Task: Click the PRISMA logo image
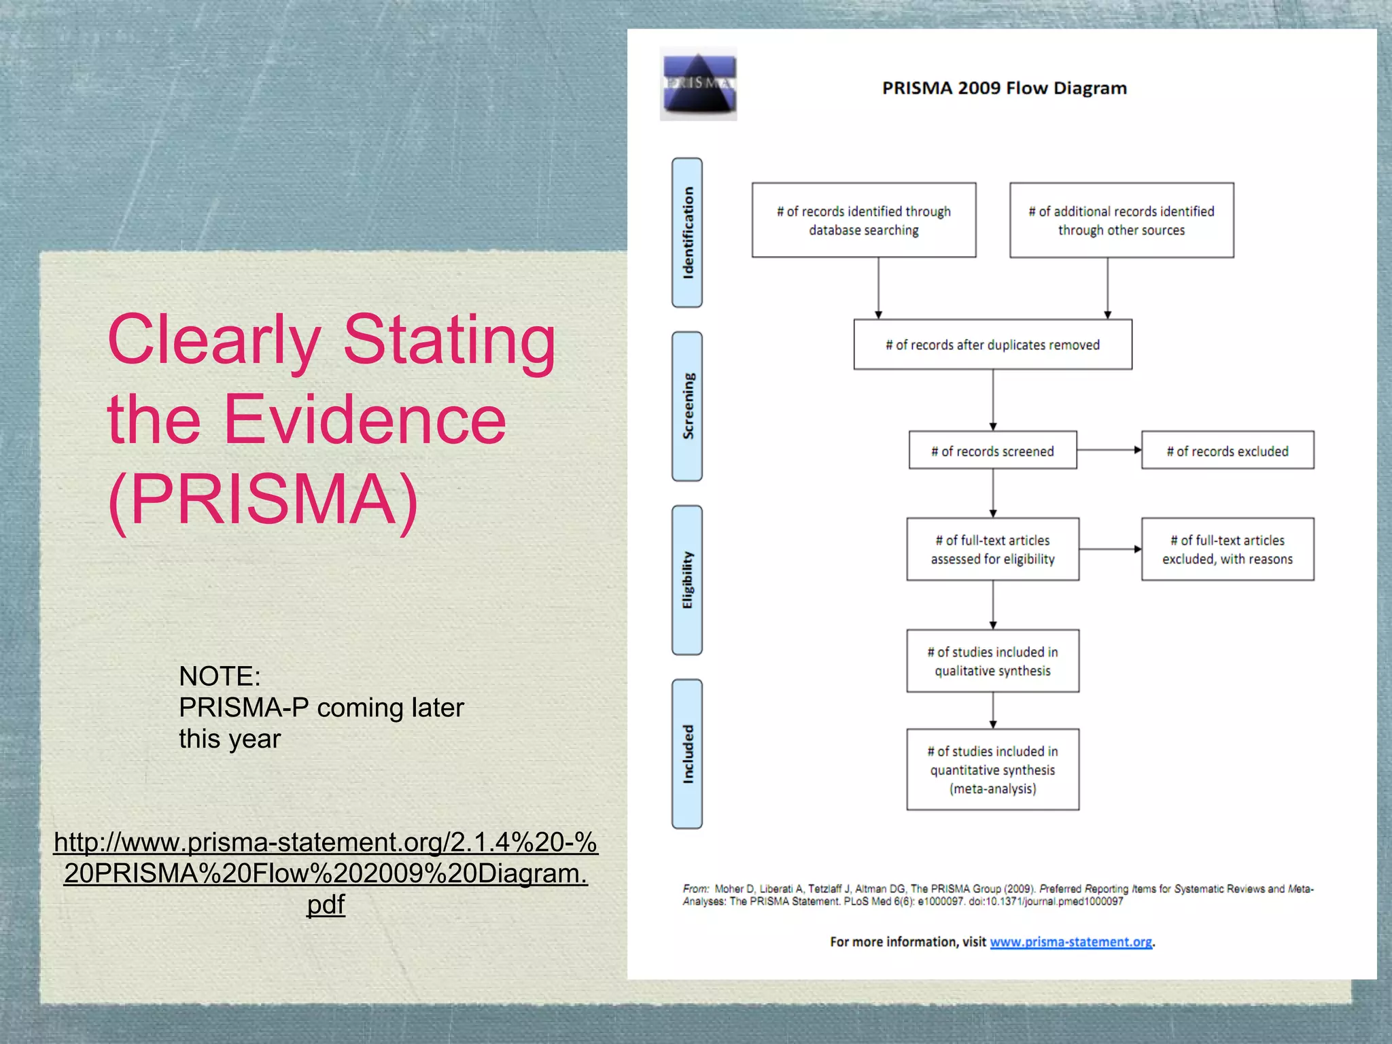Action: point(698,84)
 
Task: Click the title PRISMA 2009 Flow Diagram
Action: point(1004,88)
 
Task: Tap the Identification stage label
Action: point(687,232)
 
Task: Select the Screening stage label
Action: point(687,406)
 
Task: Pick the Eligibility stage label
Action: point(687,580)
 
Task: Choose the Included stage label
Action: point(687,754)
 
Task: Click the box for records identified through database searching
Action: point(863,220)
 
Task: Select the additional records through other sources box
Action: point(1121,220)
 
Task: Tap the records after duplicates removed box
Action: point(992,345)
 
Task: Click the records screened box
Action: point(992,451)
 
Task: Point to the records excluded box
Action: point(1227,451)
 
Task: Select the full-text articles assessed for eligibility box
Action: point(992,549)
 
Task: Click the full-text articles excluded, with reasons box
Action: point(1227,549)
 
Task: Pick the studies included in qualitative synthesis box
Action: point(992,661)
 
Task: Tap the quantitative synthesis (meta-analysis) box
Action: point(992,769)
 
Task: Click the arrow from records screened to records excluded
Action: point(1109,450)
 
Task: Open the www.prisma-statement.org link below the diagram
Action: point(1071,942)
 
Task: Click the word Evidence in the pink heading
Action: point(364,420)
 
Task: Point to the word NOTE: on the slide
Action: point(220,676)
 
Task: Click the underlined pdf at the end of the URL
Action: point(326,905)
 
